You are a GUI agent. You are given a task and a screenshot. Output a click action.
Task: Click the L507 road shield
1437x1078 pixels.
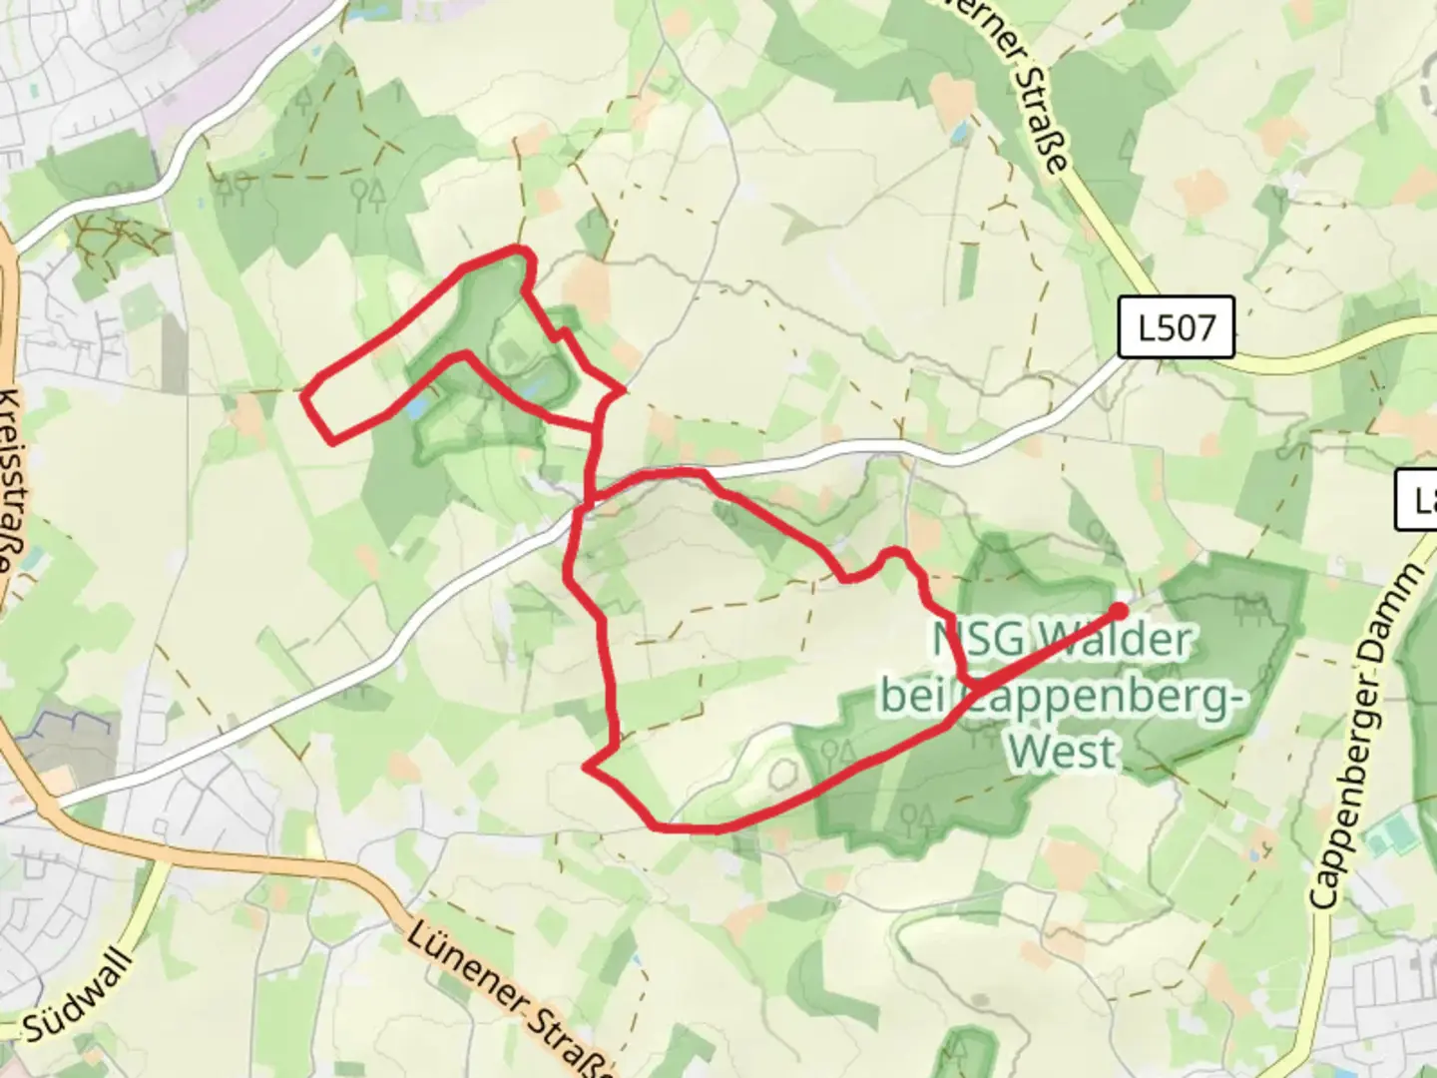click(1176, 327)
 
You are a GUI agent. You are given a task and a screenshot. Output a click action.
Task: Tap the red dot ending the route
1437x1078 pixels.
click(1119, 611)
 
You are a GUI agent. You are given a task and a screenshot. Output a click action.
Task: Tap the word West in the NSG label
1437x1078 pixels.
click(1062, 750)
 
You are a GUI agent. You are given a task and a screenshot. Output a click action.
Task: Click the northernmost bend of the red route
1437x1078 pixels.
click(516, 248)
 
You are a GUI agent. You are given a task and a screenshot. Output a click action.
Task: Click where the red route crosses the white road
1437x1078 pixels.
click(583, 509)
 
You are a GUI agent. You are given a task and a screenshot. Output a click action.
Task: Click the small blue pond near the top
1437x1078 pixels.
click(960, 132)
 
